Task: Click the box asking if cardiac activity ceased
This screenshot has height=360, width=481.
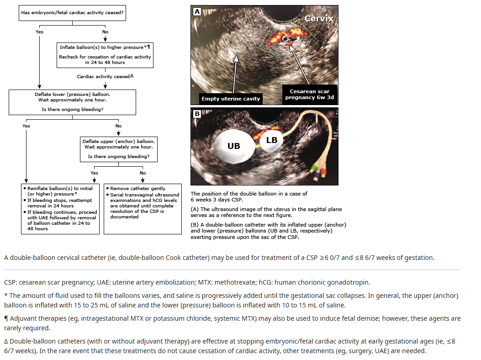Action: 72,13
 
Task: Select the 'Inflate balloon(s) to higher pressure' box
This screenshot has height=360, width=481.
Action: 105,55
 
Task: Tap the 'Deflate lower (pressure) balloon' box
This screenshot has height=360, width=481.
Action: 72,102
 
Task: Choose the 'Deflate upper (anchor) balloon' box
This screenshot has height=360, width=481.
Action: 119,149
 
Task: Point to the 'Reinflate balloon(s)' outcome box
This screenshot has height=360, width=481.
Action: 60,209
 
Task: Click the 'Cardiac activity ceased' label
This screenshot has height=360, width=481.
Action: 103,77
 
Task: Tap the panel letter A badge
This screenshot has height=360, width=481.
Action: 197,12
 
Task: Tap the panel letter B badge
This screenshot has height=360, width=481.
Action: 197,114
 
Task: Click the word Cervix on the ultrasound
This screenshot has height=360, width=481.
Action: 319,19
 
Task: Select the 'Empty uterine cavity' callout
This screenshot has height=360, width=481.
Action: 231,98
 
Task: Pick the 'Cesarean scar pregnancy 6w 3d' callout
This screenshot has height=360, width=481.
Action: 310,94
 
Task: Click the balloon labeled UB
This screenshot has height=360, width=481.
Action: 234,146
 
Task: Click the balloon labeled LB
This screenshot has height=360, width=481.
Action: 272,140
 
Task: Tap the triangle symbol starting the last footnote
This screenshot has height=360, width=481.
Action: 6,341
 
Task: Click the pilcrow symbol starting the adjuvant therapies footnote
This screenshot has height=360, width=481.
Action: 6,318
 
